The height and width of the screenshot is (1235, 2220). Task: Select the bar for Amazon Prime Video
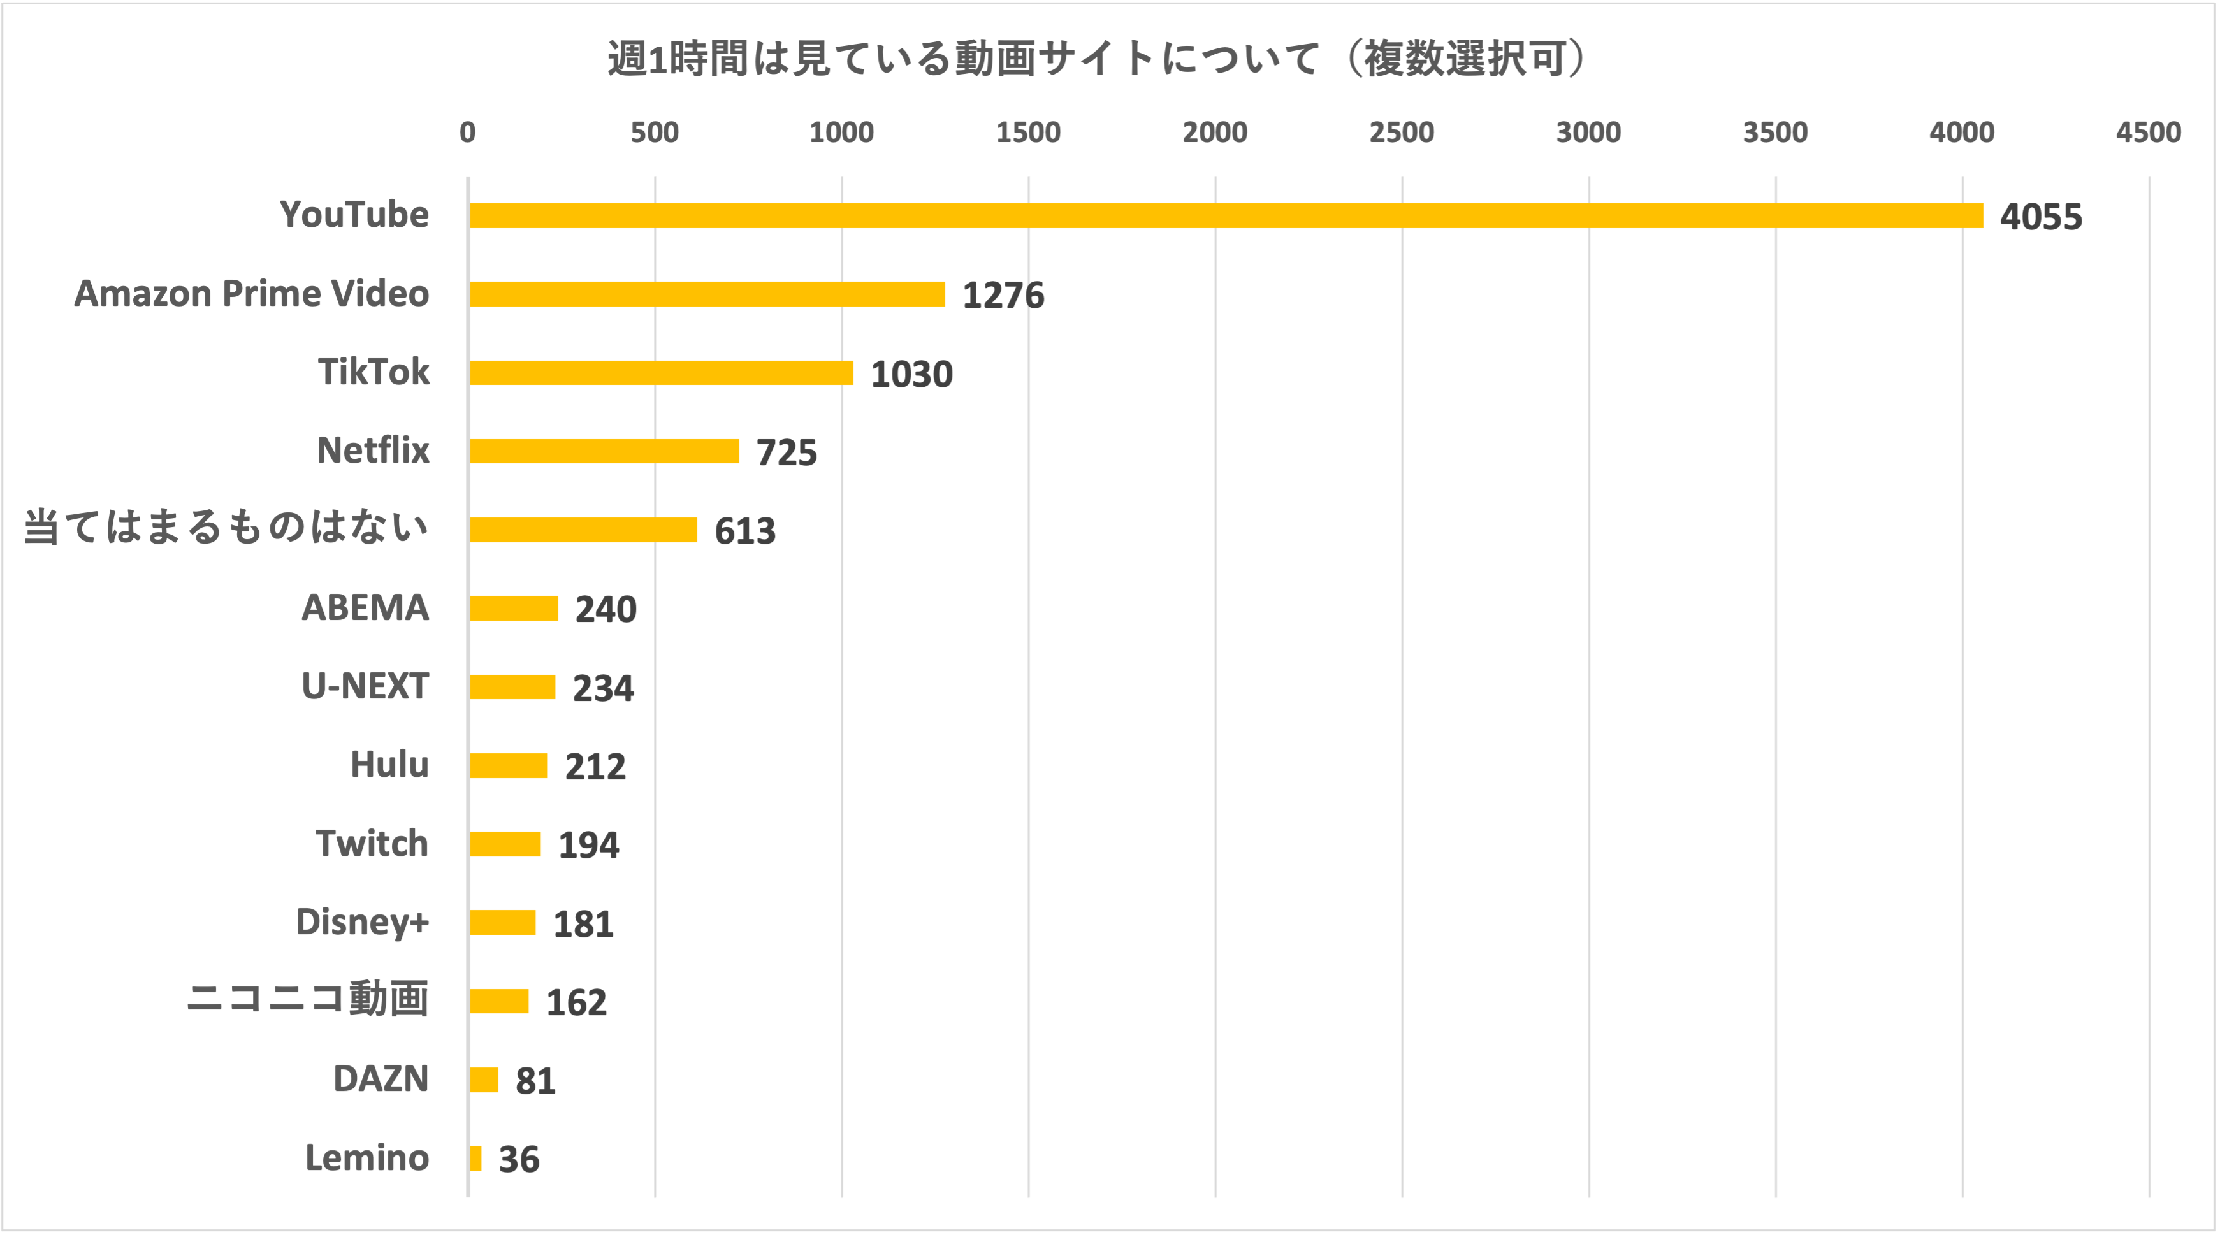707,294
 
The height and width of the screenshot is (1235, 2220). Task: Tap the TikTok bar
661,372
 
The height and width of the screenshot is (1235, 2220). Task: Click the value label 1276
1002,296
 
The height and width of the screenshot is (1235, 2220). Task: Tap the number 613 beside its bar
744,531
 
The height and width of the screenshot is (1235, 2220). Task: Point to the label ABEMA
365,607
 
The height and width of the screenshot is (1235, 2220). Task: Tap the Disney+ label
362,922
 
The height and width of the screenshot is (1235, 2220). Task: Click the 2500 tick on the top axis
1402,133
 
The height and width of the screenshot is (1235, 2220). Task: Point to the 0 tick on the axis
467,133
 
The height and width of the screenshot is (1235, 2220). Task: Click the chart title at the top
1096,59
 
